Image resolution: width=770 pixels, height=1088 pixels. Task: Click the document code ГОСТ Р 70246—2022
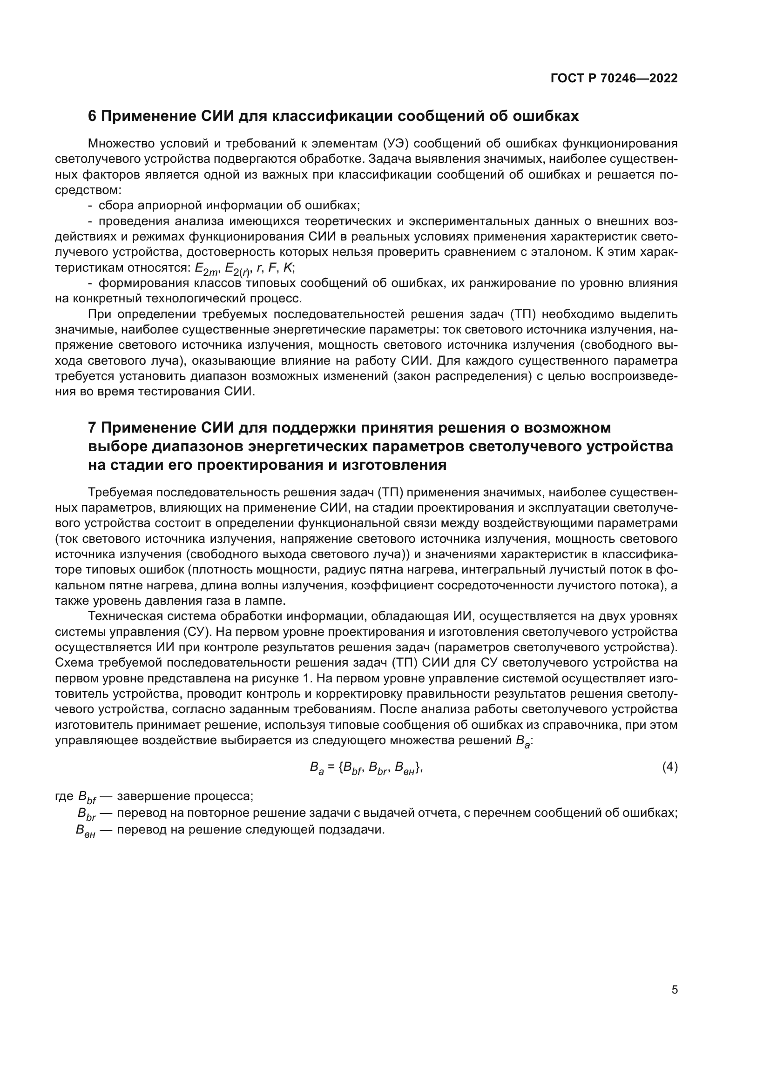tap(614, 78)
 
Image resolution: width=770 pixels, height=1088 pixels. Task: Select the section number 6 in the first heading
tap(92, 116)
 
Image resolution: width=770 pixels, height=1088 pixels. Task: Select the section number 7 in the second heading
tap(92, 427)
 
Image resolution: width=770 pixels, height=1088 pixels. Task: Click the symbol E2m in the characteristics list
tap(206, 269)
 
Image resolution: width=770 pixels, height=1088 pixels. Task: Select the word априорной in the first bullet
tap(163, 205)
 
